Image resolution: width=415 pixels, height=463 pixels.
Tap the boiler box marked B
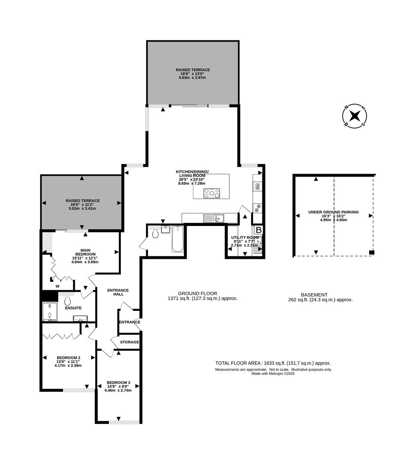[259, 229]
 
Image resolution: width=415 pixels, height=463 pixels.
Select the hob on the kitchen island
[212, 193]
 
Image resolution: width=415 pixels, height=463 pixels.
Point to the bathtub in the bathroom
[178, 239]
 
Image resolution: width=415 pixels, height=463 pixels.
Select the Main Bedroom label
[85, 253]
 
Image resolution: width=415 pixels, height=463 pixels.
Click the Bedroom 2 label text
[68, 358]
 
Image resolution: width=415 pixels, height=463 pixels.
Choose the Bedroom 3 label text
[118, 382]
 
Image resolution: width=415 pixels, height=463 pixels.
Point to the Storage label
[129, 342]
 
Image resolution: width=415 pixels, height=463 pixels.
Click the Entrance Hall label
[118, 292]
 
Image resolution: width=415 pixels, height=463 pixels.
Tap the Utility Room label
[244, 238]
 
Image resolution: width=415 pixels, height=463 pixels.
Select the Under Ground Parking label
[334, 212]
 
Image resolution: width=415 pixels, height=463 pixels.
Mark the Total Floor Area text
[273, 363]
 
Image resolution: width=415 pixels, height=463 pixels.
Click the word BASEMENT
[314, 295]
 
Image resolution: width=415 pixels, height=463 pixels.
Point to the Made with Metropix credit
[273, 373]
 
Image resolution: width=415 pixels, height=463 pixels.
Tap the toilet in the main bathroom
[156, 234]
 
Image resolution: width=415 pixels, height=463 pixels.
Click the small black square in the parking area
[371, 252]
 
